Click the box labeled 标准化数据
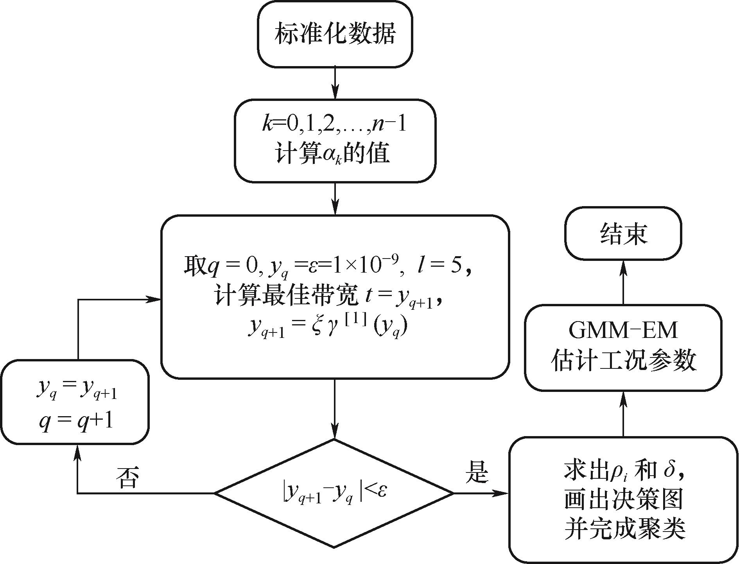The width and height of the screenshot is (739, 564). coord(335,34)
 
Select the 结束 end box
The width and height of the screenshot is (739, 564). coord(623,234)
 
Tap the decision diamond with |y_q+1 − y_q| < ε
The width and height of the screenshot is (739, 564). coord(334,493)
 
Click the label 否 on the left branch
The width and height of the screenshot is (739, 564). coord(127,478)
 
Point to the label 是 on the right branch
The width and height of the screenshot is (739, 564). coord(477,472)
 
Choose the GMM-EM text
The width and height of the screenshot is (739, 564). coord(623,331)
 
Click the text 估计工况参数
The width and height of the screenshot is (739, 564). coord(623,360)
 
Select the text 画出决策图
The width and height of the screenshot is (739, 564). coord(623,500)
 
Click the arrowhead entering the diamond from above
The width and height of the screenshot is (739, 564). coord(335,432)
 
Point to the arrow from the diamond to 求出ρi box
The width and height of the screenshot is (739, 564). coord(481,493)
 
